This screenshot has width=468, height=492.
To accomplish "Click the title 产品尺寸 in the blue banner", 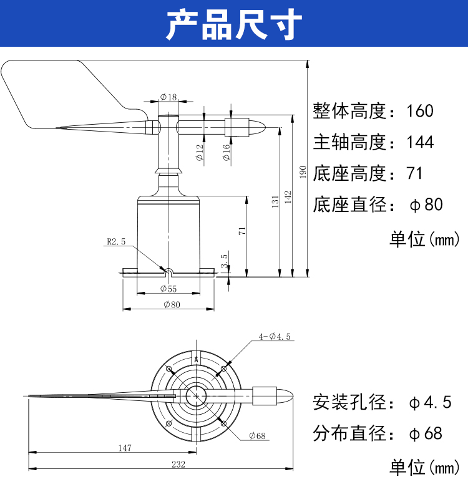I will pos(234,26).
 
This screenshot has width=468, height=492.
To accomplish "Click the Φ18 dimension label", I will pos(168,97).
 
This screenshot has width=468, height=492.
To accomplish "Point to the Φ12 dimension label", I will pos(200,153).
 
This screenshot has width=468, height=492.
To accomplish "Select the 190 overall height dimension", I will pos(303,171).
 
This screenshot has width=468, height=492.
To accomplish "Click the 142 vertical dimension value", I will pos(288,196).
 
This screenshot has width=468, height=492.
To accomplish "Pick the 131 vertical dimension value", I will pos(275,201).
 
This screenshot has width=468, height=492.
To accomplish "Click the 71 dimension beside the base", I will pos(243,230).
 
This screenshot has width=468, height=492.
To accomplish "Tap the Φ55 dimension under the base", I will pos(168,289).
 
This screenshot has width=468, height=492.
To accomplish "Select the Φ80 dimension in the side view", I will pos(171,304).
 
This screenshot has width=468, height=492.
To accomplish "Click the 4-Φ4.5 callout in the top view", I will pos(275,337).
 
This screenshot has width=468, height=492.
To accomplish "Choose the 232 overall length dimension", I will pos(160,463).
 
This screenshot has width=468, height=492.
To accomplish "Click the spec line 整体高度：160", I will pos(373,112).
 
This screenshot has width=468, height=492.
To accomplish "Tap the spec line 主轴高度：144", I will pos(373,142).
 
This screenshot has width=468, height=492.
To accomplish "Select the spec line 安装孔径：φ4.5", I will pos(381,403).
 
